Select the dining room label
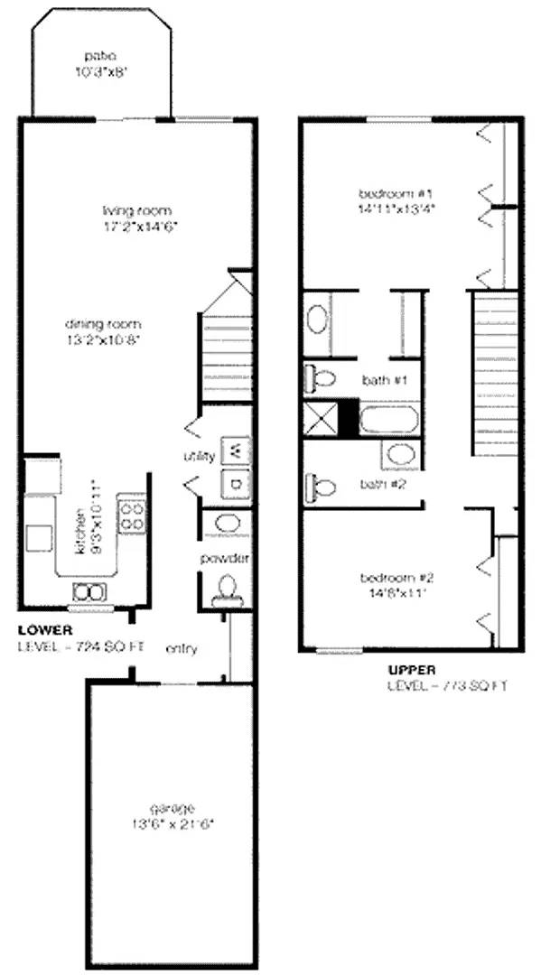pyautogui.click(x=103, y=324)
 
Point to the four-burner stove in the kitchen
pyautogui.click(x=132, y=516)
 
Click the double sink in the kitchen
pyautogui.click(x=89, y=592)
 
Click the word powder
pyautogui.click(x=224, y=559)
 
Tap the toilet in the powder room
pyautogui.click(x=226, y=590)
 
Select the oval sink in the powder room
pyautogui.click(x=226, y=524)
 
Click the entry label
pyautogui.click(x=182, y=648)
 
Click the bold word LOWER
pyautogui.click(x=44, y=629)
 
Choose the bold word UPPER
pyautogui.click(x=412, y=670)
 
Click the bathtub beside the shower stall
pyautogui.click(x=387, y=420)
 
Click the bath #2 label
pyautogui.click(x=381, y=484)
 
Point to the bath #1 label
pyautogui.click(x=382, y=380)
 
